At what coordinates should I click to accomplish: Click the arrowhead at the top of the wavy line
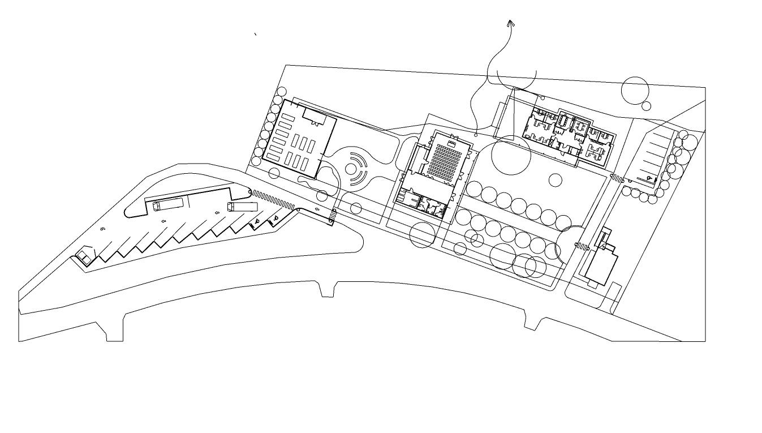[x=510, y=23]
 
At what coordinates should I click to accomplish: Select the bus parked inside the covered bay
[x=168, y=204]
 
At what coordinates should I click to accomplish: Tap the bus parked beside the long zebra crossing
[x=242, y=207]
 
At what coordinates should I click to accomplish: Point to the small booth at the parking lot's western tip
[x=84, y=256]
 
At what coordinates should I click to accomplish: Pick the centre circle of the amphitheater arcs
[x=352, y=168]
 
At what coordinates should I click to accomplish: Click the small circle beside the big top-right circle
[x=646, y=106]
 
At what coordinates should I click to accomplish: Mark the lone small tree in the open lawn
[x=556, y=180]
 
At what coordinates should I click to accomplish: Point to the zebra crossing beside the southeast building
[x=582, y=246]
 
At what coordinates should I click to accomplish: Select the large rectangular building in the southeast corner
[x=601, y=267]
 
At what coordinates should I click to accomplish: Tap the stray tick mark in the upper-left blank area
[x=256, y=34]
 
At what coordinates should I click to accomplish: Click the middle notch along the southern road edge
[x=327, y=290]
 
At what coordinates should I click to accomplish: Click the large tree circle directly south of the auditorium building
[x=422, y=235]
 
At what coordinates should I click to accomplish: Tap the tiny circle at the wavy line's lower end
[x=476, y=135]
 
